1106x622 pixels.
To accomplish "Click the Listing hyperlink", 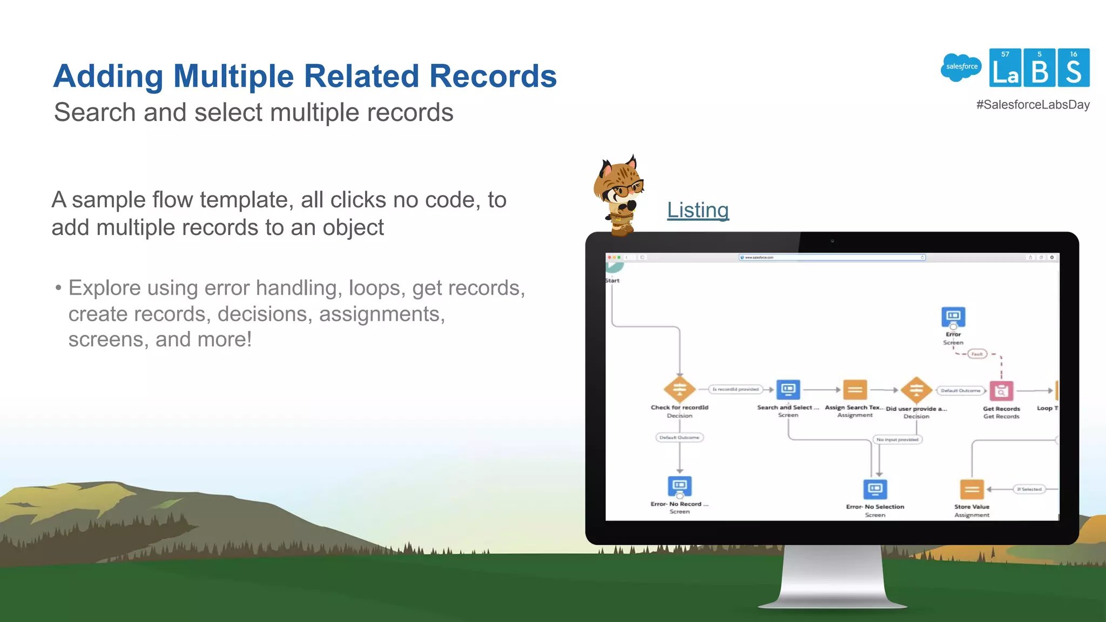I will (698, 210).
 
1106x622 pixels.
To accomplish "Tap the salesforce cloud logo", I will (961, 67).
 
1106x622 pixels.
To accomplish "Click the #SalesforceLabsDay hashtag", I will (1033, 105).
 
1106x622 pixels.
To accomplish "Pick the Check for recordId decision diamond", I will (679, 389).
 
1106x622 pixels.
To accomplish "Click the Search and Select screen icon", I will (788, 389).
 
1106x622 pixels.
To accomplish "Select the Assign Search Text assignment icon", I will (855, 389).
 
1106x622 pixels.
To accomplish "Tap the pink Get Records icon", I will (1001, 390).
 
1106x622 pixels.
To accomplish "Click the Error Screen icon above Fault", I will (953, 317).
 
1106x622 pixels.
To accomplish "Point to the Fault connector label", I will (977, 354).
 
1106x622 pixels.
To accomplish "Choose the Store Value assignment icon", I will (972, 490).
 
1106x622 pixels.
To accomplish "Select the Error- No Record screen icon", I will (679, 486).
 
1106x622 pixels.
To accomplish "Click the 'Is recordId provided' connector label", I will (736, 389).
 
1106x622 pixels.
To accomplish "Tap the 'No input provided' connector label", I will (898, 440).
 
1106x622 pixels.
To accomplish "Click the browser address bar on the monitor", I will (832, 258).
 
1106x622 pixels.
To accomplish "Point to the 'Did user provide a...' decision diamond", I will (916, 390).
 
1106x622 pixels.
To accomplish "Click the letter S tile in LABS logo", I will (1074, 68).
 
